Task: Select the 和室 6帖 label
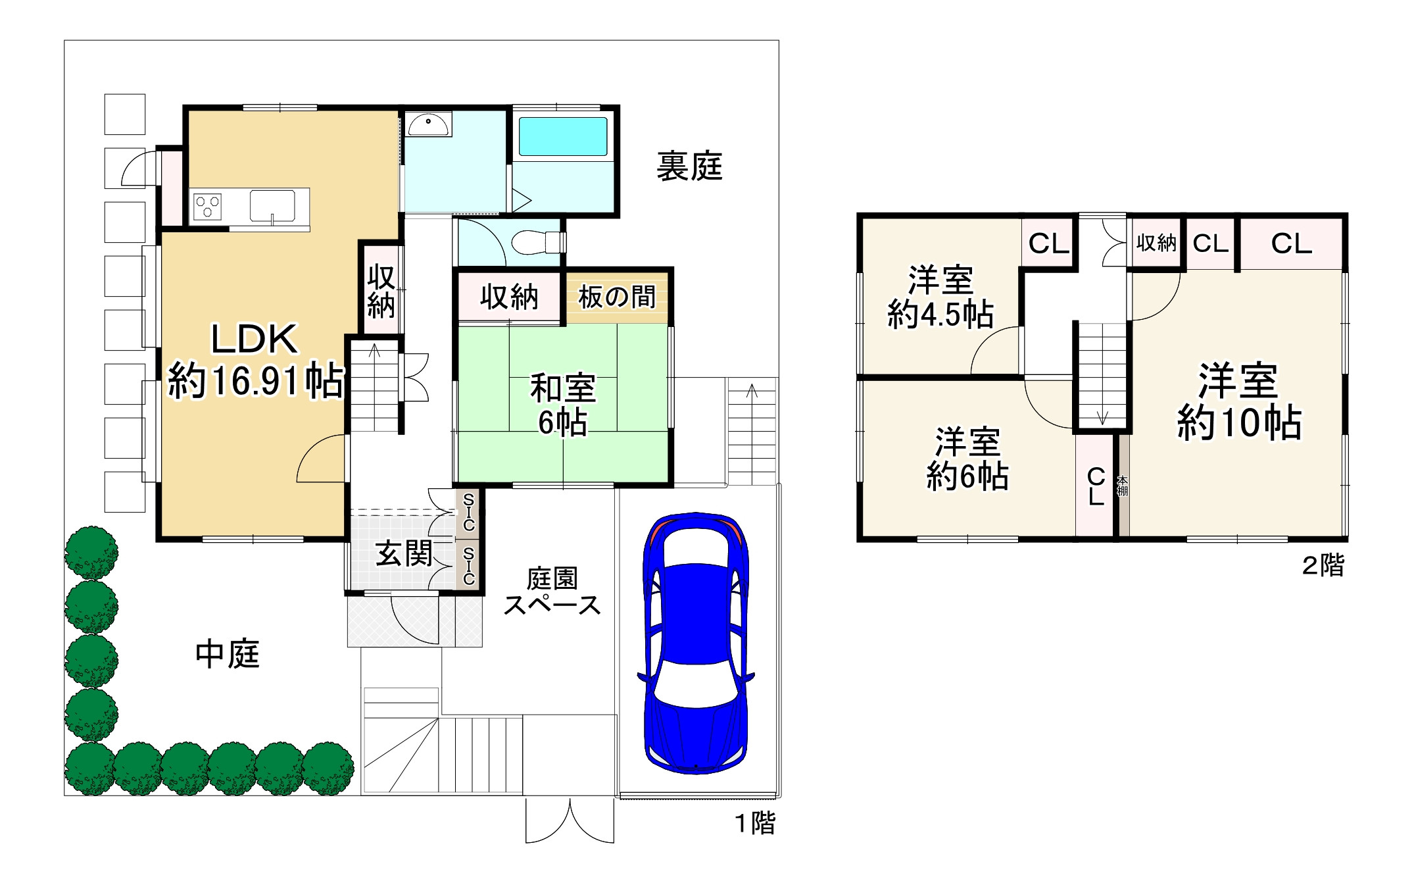563,404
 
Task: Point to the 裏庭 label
689,166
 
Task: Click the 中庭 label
228,654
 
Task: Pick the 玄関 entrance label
404,553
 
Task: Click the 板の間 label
617,297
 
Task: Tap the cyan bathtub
563,136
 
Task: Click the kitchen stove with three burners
207,207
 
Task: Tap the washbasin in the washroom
428,123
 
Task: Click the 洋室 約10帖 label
1239,401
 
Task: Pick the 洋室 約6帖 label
967,459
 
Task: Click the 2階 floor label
1323,565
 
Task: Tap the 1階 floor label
755,823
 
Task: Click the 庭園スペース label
552,592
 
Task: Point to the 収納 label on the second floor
1156,243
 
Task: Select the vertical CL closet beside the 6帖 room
1096,486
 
